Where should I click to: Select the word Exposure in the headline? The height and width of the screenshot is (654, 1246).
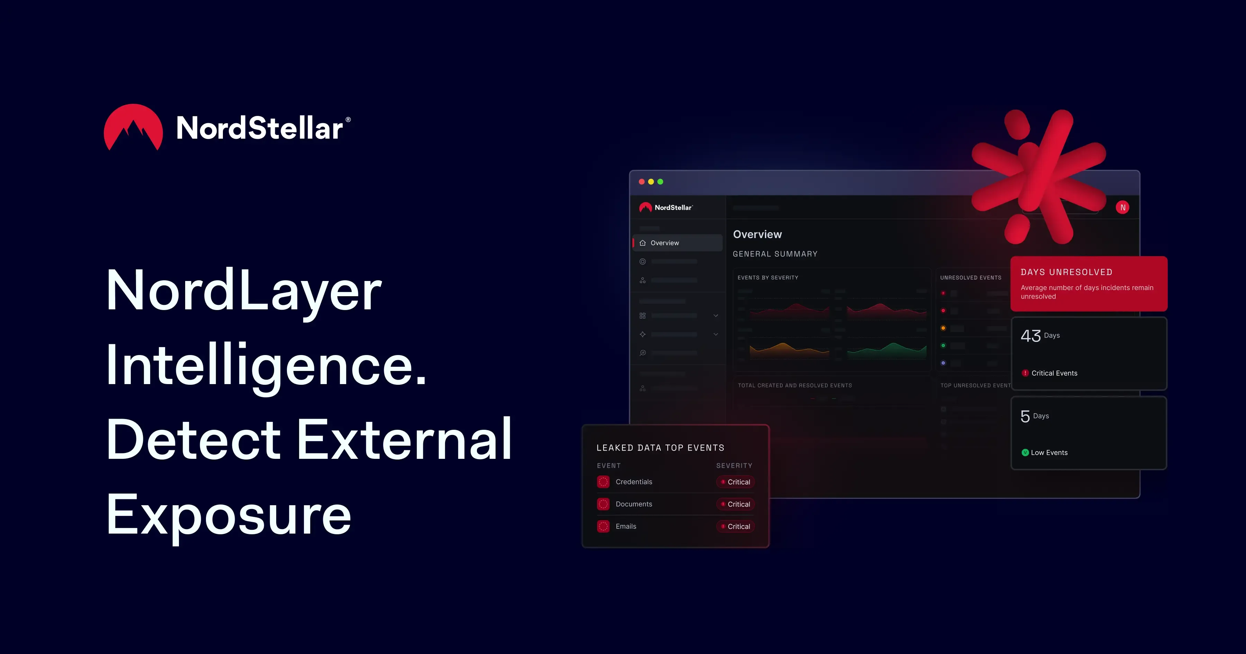[x=229, y=516]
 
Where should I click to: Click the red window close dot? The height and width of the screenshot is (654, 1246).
[x=641, y=182]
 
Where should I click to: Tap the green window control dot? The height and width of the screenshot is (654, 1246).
[x=660, y=182]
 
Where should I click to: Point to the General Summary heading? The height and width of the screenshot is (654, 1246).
[x=775, y=254]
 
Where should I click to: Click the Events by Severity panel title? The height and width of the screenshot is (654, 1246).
[x=768, y=278]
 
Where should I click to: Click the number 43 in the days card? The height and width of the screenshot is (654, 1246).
[x=1030, y=336]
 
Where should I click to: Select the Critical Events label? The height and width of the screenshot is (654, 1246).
[x=1054, y=373]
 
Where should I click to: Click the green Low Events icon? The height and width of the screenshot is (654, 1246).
[x=1025, y=453]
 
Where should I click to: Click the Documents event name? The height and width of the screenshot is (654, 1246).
[x=634, y=504]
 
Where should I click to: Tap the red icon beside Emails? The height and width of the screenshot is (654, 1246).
[x=603, y=526]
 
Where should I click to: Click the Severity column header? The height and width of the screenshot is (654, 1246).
[x=734, y=465]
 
